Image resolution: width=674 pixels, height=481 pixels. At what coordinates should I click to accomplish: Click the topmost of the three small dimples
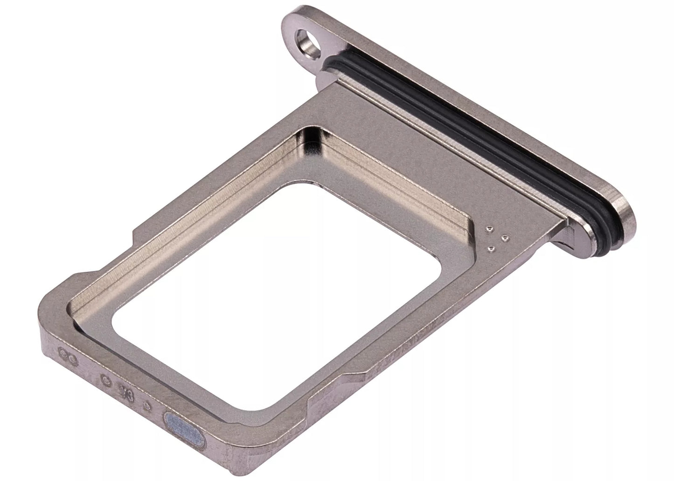(488, 229)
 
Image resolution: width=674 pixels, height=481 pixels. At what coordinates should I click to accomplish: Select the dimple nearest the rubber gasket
(503, 239)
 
